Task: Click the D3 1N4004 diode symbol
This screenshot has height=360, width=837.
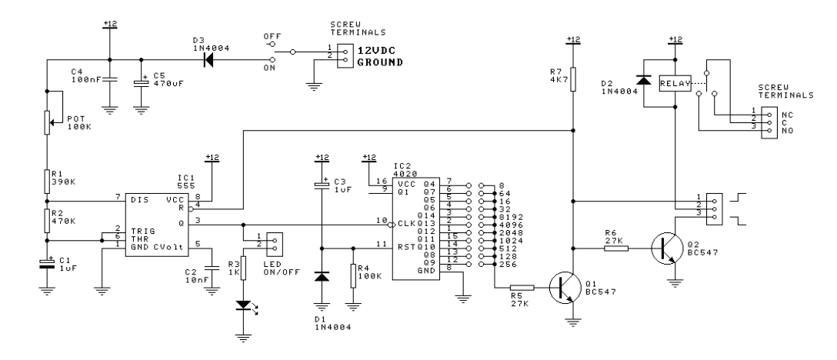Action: pyautogui.click(x=208, y=59)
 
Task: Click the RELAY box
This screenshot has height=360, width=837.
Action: pyautogui.click(x=675, y=83)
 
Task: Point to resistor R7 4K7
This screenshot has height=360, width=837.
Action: pyautogui.click(x=572, y=79)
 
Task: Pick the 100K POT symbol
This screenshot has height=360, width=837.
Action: pyautogui.click(x=48, y=122)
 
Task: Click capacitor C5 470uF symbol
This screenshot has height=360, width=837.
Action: pyautogui.click(x=141, y=83)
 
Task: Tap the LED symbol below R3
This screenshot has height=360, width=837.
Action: pyautogui.click(x=243, y=305)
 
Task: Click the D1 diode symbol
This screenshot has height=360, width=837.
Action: pyautogui.click(x=322, y=276)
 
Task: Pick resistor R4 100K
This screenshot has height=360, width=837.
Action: pyautogui.click(x=353, y=275)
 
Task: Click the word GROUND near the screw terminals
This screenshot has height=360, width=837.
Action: pyautogui.click(x=379, y=62)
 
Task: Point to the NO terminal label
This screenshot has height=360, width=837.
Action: pyautogui.click(x=784, y=130)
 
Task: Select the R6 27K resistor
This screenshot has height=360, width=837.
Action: pyautogui.click(x=615, y=248)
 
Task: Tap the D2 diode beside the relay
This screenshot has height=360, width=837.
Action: pyautogui.click(x=645, y=81)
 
